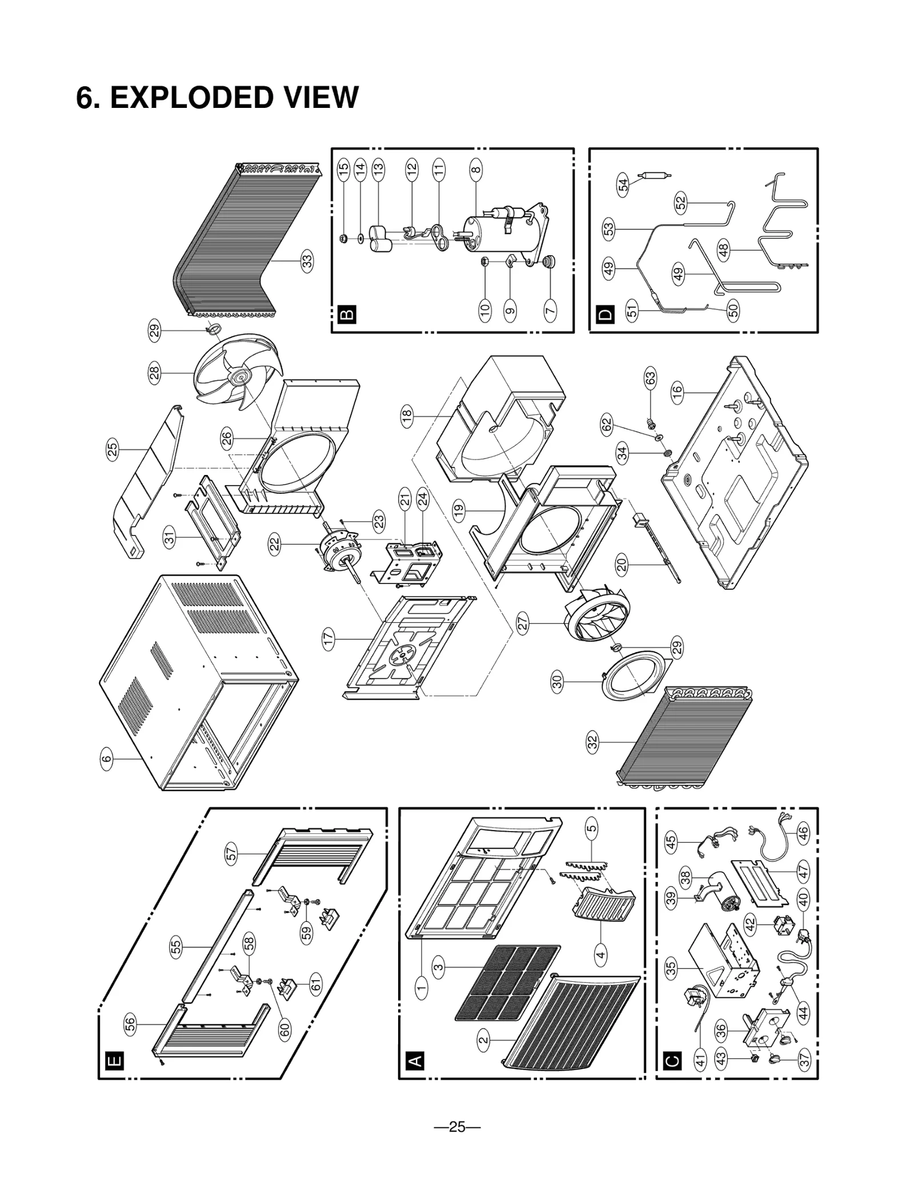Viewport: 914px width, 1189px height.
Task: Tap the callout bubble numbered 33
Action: click(x=307, y=261)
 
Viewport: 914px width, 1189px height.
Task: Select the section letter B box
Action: click(x=347, y=314)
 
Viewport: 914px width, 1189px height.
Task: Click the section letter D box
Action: click(x=606, y=314)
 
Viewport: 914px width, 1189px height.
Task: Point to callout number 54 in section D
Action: click(x=623, y=185)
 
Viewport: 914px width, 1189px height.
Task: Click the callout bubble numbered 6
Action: click(x=107, y=759)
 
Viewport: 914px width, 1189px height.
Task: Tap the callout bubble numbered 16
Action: click(x=677, y=392)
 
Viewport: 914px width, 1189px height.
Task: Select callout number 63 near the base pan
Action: click(x=650, y=378)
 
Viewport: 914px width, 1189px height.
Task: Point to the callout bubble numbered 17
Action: click(x=328, y=639)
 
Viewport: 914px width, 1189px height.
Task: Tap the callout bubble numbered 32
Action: click(x=592, y=742)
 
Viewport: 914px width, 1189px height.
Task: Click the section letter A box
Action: click(x=415, y=1061)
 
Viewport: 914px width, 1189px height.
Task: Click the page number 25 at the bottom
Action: click(x=457, y=1127)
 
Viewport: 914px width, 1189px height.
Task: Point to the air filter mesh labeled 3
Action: click(x=508, y=982)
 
